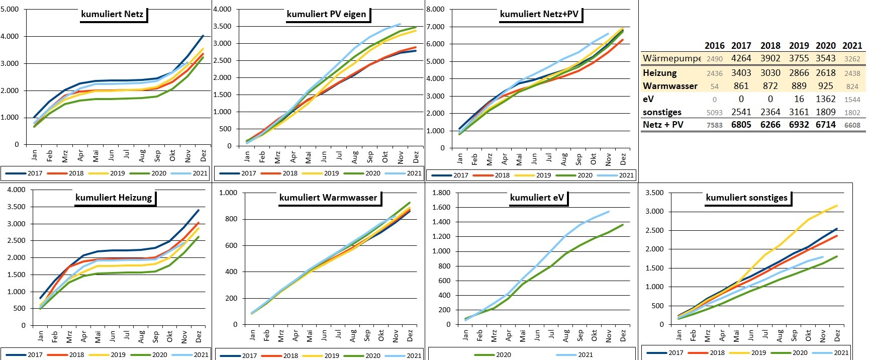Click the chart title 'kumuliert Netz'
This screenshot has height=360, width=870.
click(112, 14)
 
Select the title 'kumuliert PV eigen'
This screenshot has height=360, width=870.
click(326, 14)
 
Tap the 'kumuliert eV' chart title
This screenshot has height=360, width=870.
click(537, 198)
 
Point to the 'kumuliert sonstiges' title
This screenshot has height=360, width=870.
click(746, 198)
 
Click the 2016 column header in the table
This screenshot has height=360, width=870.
click(714, 46)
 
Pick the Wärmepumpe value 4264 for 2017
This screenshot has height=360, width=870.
click(741, 58)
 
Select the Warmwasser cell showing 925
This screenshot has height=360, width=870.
click(825, 86)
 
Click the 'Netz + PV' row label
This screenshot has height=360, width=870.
click(663, 125)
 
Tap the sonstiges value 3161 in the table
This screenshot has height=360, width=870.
click(799, 112)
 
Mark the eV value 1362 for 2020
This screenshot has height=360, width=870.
click(825, 99)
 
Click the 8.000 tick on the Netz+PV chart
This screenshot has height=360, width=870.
click(435, 9)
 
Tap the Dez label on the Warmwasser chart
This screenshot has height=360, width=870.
click(410, 335)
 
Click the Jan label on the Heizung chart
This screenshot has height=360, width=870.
click(41, 335)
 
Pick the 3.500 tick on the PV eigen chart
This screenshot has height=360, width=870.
click(222, 26)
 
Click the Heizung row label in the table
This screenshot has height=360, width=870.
click(659, 73)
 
